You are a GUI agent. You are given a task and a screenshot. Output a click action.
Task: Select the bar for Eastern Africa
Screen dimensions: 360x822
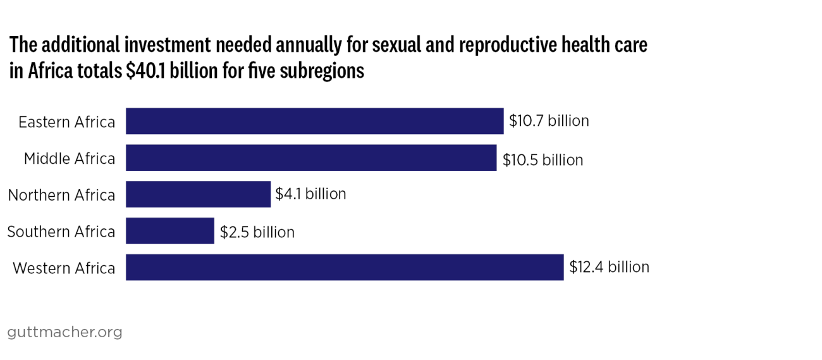[x=314, y=121]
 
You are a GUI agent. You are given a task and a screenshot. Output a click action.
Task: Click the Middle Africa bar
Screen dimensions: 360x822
[x=311, y=158]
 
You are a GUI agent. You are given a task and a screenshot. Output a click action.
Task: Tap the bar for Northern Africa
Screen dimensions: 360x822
[x=198, y=194]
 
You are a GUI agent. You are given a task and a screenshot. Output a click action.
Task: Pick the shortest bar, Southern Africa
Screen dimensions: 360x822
[x=170, y=231]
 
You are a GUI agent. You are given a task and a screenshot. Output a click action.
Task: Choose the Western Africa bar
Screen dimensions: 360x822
[x=345, y=267]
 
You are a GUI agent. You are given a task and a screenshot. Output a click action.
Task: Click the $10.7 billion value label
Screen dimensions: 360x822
[x=549, y=121]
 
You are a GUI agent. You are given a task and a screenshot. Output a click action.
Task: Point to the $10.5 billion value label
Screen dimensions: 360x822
[x=543, y=159]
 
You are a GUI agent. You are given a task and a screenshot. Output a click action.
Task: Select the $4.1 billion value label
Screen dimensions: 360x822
[x=310, y=194]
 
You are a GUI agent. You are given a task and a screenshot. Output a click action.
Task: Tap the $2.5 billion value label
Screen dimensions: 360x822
[x=257, y=232]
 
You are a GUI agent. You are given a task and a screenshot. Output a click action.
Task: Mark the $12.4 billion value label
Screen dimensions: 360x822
[x=609, y=267]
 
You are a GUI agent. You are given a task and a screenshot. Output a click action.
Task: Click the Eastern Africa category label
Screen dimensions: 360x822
[x=67, y=122]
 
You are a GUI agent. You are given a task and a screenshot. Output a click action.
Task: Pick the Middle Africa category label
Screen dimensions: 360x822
[x=70, y=158]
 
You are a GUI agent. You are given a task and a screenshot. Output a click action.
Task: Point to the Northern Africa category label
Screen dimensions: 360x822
[x=61, y=195]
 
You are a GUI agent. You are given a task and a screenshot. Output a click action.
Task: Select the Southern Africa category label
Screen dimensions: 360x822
[x=61, y=232]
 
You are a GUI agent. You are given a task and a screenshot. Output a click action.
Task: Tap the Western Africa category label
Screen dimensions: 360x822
[x=64, y=268]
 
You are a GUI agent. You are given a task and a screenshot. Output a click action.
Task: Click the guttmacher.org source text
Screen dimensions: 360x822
[x=64, y=332]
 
